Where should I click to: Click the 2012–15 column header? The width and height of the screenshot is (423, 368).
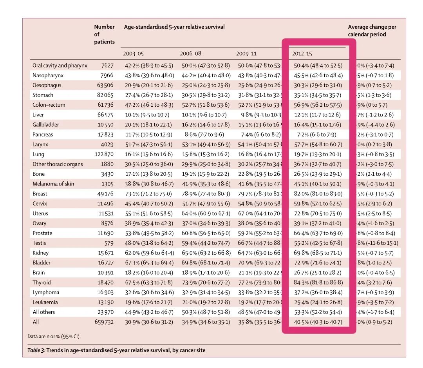302,53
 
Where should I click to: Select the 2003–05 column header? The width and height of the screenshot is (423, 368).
134,53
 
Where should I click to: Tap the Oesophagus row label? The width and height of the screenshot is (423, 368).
47,85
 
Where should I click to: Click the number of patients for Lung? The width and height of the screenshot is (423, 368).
104,154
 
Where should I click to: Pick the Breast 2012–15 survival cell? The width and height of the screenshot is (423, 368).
318,194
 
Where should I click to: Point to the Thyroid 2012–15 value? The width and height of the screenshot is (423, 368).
318,282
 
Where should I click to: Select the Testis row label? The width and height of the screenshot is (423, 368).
40,243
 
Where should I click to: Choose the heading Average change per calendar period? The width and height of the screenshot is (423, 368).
372,31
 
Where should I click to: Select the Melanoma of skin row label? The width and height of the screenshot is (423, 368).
53,184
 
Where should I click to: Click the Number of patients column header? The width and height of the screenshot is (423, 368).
104,35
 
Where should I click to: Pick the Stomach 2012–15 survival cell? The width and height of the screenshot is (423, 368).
318,95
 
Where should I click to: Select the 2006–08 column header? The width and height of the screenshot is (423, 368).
190,53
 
